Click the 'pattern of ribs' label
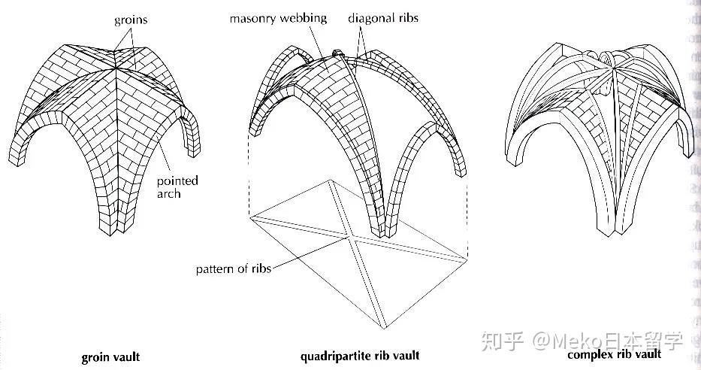click(x=233, y=268)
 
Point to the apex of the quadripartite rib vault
click(x=337, y=56)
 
